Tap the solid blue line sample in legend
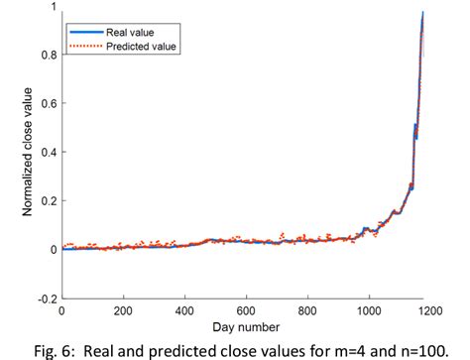(x=84, y=32)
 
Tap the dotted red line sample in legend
(x=84, y=46)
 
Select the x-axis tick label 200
(x=123, y=309)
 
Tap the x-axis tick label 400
(x=184, y=309)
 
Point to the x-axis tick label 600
(x=246, y=309)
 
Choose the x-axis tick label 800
(x=307, y=309)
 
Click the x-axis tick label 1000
(x=368, y=309)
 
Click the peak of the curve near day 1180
(x=423, y=13)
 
